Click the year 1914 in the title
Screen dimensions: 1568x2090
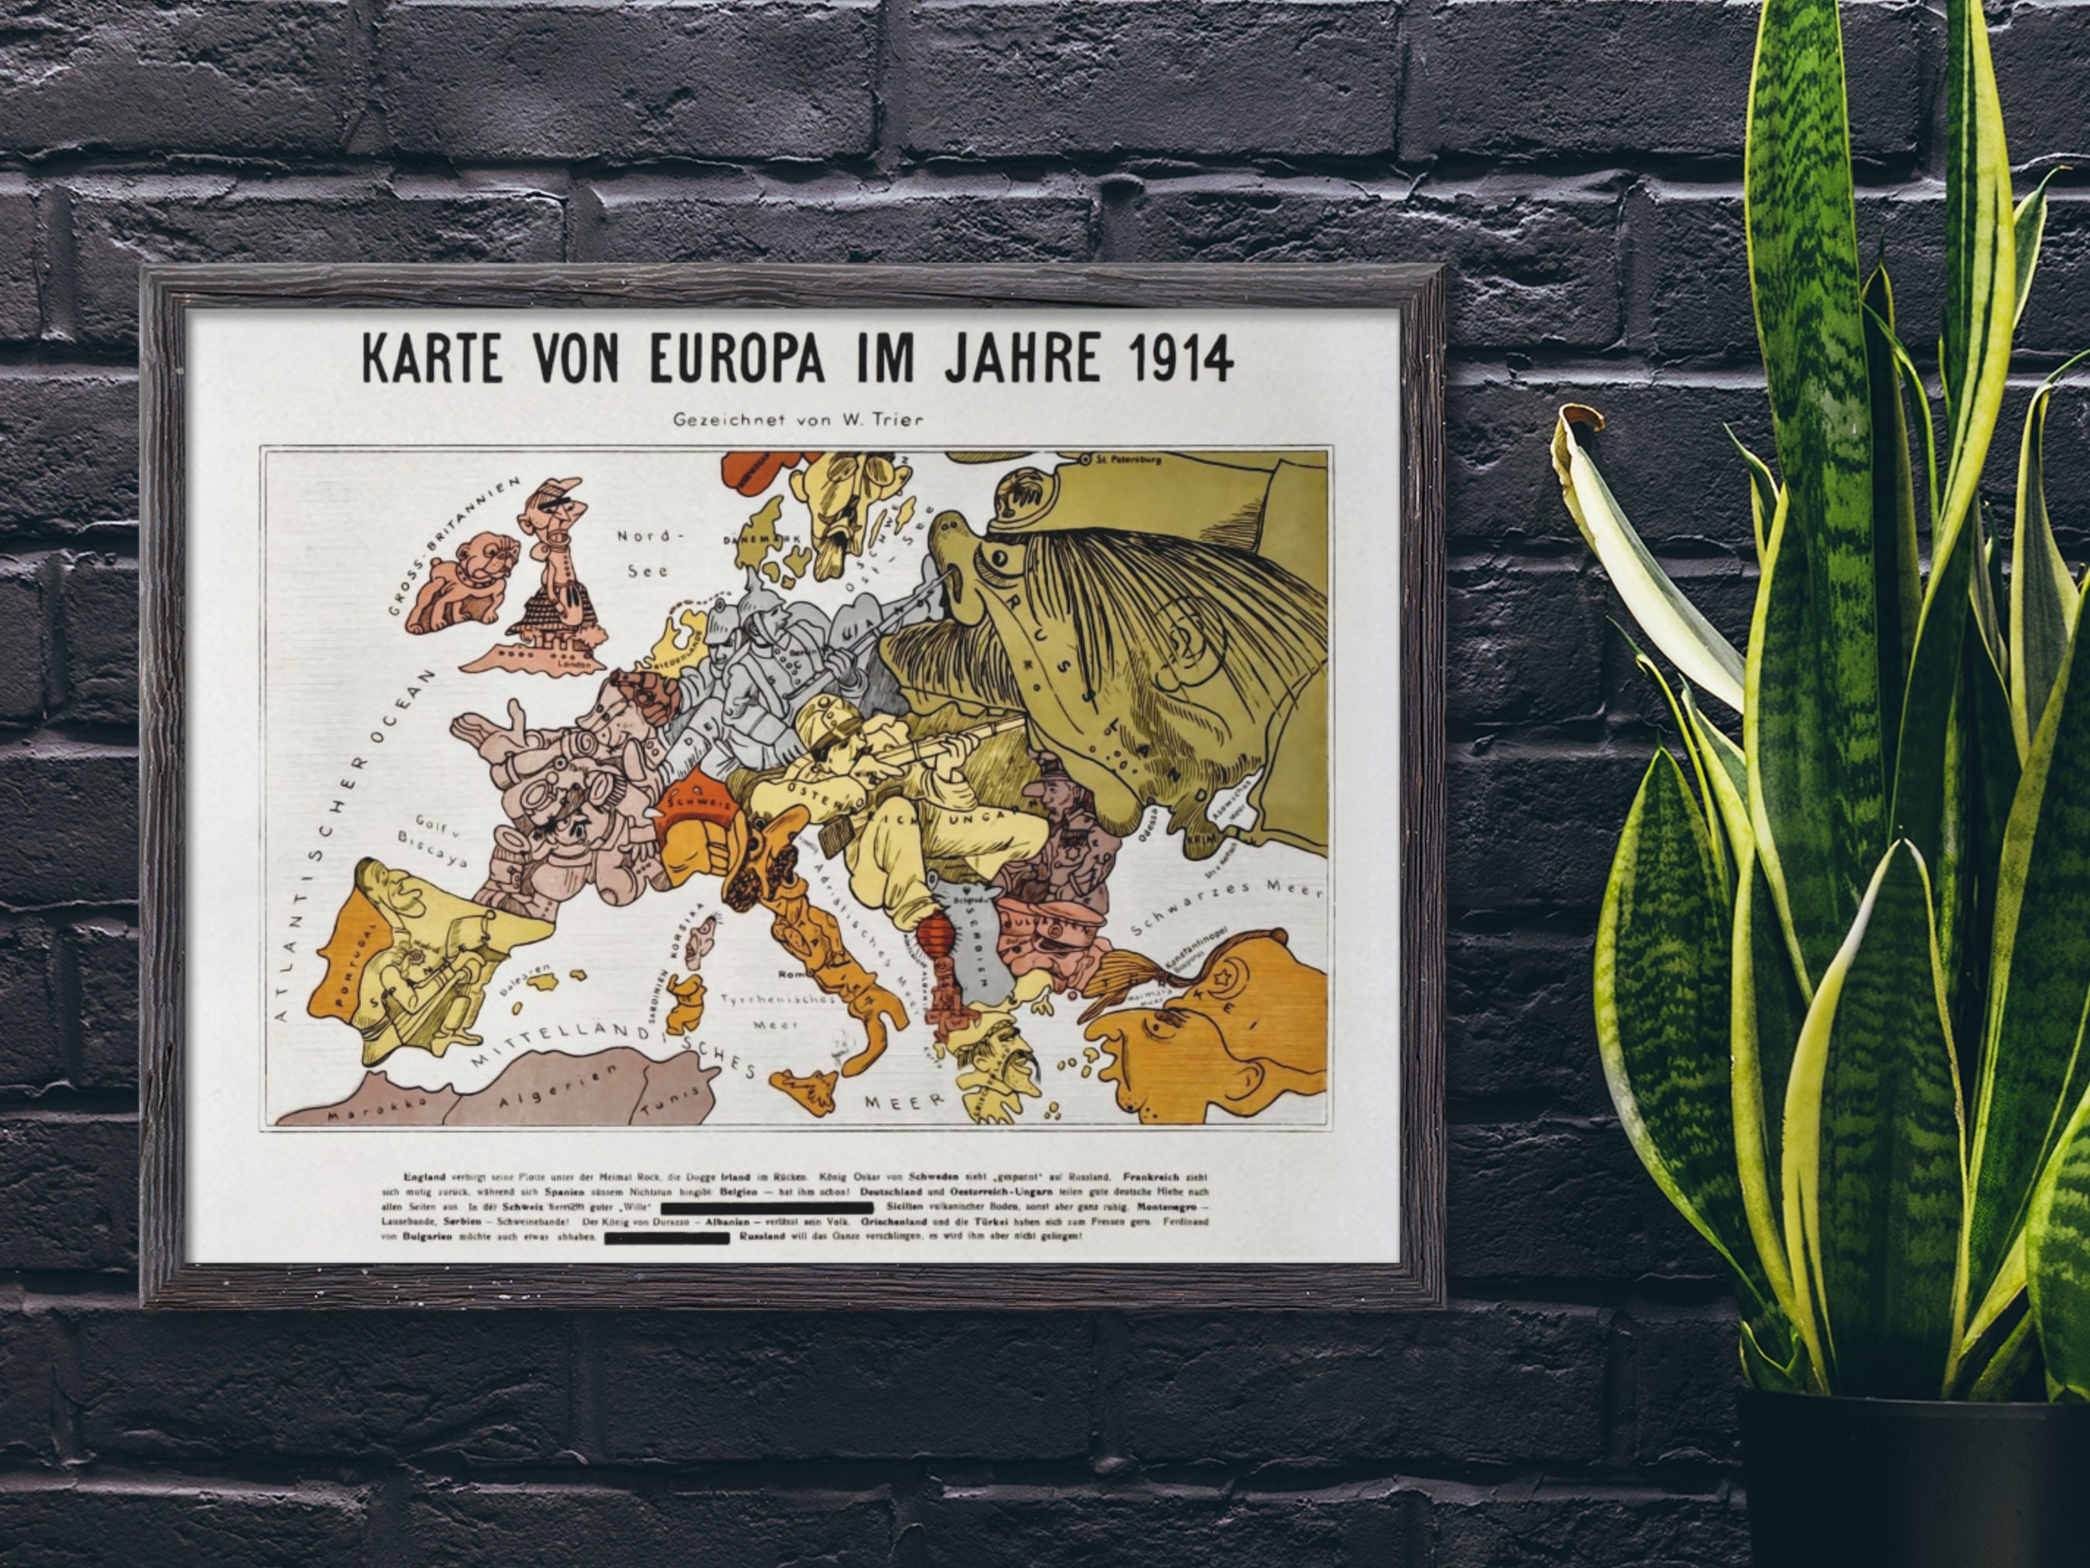[x=1180, y=357]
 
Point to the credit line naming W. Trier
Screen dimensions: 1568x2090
[x=797, y=419]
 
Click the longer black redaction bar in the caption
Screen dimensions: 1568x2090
[x=766, y=1207]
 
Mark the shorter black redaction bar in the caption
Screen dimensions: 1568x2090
[x=666, y=1237]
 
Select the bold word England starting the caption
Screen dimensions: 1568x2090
[x=424, y=1177]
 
